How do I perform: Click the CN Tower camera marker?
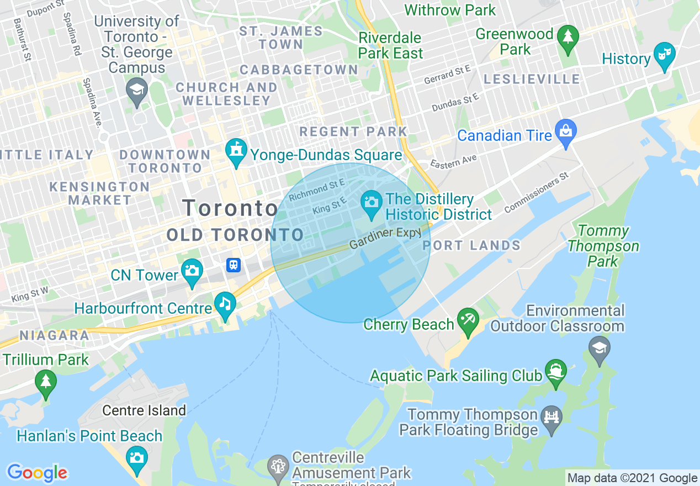pos(192,271)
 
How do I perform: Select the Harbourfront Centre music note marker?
pos(225,303)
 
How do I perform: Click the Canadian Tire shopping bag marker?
pos(566,131)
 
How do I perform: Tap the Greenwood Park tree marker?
pos(568,37)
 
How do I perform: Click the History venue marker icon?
pos(665,54)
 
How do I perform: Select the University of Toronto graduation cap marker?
pos(135,89)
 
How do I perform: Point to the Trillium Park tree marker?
pos(45,381)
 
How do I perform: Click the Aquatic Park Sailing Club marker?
pos(555,371)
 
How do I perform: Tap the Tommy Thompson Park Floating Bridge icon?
pos(551,416)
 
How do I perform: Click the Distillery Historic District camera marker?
pos(372,202)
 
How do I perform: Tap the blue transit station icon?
pos(234,265)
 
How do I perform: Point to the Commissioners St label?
pos(536,193)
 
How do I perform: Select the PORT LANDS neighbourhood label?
pos(472,246)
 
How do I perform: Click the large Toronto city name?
pos(230,209)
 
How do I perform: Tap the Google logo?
pos(37,473)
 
